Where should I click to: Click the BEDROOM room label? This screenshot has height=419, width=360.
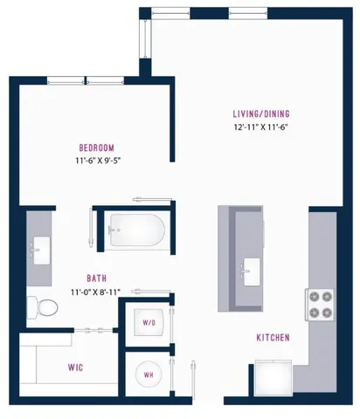pos(95,148)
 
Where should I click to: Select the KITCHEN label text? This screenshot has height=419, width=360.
pos(273,338)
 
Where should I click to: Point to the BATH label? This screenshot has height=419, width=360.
pos(97,278)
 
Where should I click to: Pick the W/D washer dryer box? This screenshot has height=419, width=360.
pos(148,323)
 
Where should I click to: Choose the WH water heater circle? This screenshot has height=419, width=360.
pos(148,376)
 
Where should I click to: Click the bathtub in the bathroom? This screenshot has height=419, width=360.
pos(136,230)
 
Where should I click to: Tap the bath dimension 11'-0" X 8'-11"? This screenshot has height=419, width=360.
pos(97,293)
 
